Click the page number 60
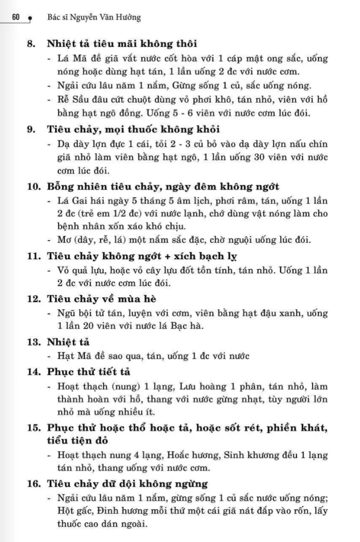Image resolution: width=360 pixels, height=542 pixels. [x=15, y=18]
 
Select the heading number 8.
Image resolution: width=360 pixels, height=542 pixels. [x=31, y=44]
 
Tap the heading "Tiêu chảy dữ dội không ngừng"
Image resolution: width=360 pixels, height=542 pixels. [x=128, y=484]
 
